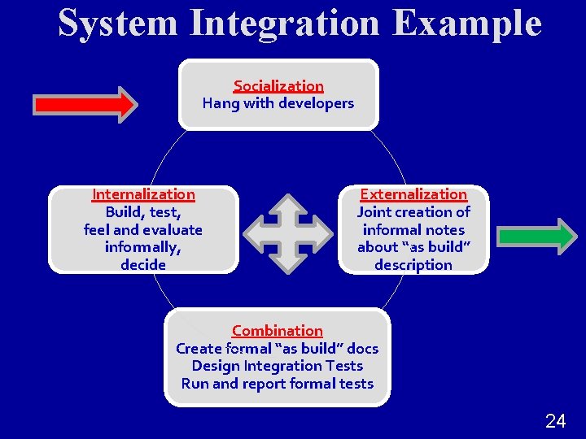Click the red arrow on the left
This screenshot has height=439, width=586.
tap(85, 104)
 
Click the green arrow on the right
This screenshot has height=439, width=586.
tap(536, 237)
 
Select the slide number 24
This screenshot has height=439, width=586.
tap(555, 420)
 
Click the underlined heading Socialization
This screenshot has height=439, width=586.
tap(278, 85)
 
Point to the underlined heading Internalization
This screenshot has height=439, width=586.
tap(143, 194)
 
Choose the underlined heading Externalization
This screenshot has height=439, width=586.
tap(413, 194)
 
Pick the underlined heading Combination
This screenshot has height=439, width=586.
tap(278, 331)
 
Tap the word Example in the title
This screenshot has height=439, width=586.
tap(466, 23)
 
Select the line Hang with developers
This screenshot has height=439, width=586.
tap(278, 103)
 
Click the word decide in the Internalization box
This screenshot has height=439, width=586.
tap(143, 265)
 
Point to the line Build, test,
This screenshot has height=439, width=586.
tap(143, 212)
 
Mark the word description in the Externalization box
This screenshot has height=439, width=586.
tap(413, 265)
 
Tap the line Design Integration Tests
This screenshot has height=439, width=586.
tap(278, 366)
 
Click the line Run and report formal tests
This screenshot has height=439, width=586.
tap(278, 384)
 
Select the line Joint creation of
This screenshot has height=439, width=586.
tap(413, 212)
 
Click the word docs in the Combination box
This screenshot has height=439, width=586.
tap(362, 349)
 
